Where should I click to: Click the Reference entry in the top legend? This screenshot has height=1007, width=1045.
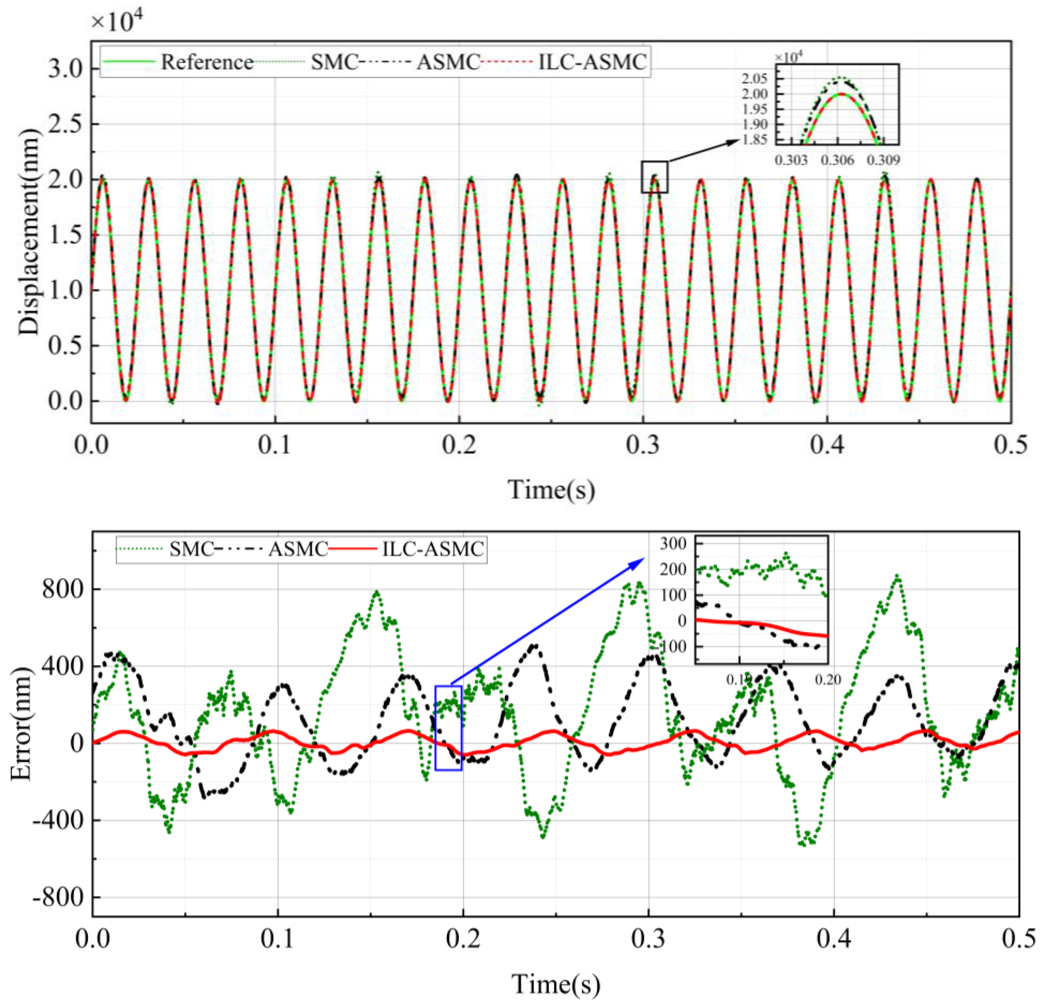click(207, 63)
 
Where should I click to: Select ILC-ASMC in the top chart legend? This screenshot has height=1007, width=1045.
click(592, 63)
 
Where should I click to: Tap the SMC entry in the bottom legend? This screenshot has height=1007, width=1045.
click(191, 548)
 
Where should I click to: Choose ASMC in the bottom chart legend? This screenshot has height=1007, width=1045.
click(297, 548)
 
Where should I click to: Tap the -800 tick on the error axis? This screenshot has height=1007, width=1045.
click(59, 898)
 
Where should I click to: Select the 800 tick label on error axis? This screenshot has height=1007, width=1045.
click(63, 590)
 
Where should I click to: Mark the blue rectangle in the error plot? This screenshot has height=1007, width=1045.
click(448, 728)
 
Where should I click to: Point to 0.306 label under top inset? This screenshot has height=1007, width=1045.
click(838, 160)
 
